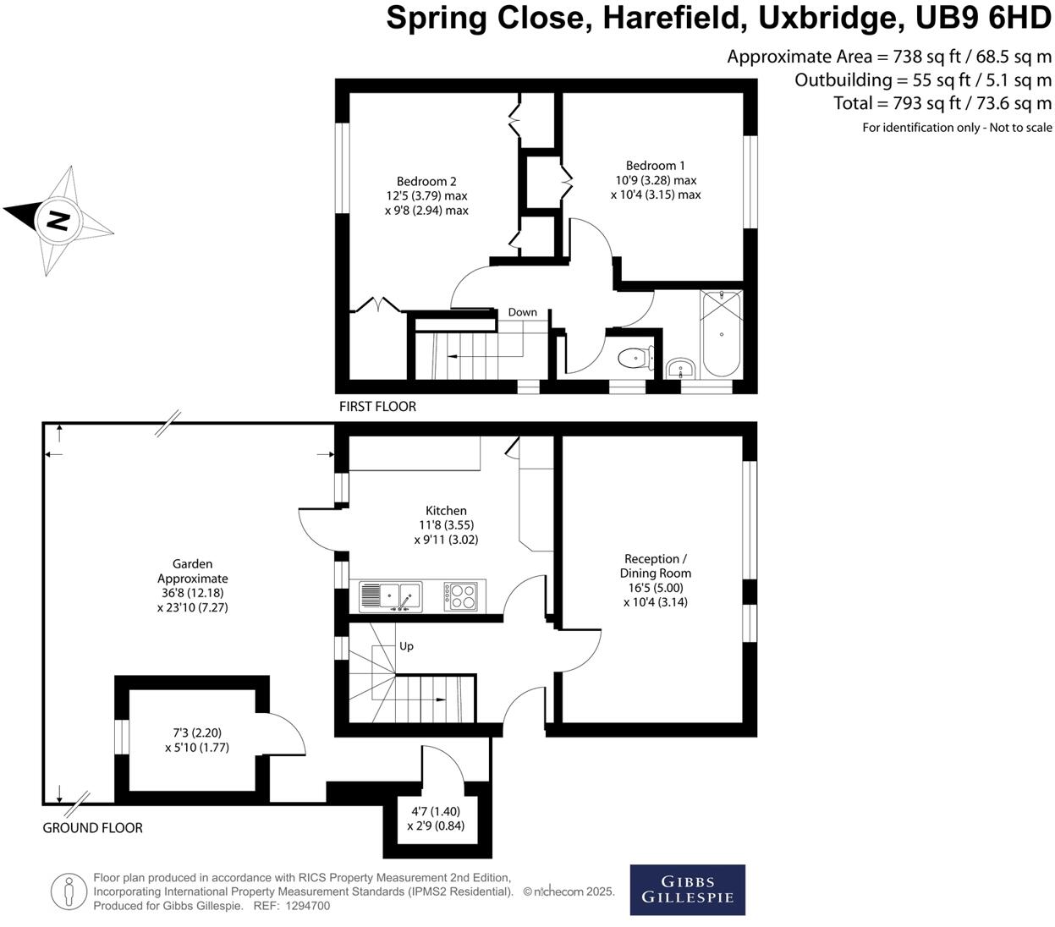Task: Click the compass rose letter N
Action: click(x=57, y=220)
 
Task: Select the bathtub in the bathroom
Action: click(x=721, y=334)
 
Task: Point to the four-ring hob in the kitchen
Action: click(x=461, y=595)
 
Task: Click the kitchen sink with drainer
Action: click(x=390, y=596)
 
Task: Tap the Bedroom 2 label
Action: click(x=426, y=181)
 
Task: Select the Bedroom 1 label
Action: click(x=656, y=166)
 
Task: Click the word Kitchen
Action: click(x=446, y=511)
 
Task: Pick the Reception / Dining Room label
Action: click(x=655, y=566)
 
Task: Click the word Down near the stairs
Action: click(x=522, y=312)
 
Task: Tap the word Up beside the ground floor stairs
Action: click(x=406, y=646)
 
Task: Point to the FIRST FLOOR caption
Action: click(x=377, y=407)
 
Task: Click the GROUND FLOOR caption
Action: click(x=92, y=828)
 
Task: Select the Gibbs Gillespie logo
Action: click(x=687, y=890)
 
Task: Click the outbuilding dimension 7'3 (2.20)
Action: click(x=197, y=733)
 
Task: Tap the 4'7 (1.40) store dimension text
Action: click(x=436, y=811)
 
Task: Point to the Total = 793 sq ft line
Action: click(x=942, y=103)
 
